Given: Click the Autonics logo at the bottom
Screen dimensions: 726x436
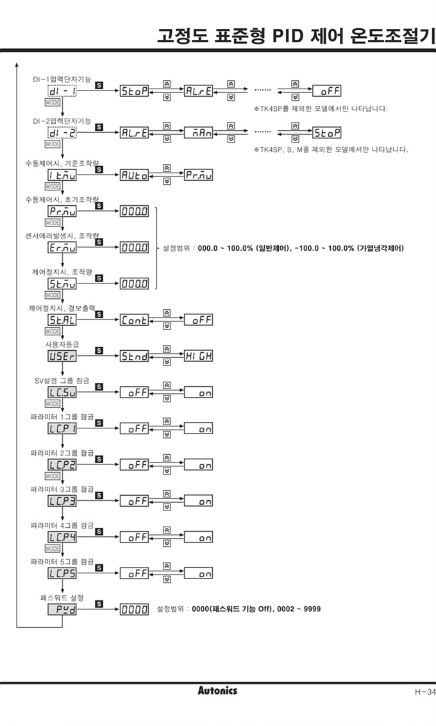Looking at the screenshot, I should click(217, 691).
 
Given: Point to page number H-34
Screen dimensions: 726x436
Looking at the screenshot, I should click(424, 691).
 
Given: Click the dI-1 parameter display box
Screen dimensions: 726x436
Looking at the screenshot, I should click(62, 92).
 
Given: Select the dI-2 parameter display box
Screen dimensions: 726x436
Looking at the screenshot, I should click(62, 133).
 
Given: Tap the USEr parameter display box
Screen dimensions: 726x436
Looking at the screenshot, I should click(62, 355).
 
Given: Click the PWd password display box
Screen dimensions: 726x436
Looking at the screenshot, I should click(62, 609).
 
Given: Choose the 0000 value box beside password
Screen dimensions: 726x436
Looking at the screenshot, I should click(135, 609).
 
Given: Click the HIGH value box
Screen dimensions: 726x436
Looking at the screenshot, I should click(198, 355).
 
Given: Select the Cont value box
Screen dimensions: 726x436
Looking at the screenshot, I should click(135, 319).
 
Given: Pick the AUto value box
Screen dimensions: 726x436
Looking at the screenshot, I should click(135, 174).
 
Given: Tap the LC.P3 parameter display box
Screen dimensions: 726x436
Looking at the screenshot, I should click(62, 501).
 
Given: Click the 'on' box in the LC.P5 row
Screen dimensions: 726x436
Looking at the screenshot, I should click(198, 573).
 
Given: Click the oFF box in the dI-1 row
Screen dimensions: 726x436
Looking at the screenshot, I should click(326, 92).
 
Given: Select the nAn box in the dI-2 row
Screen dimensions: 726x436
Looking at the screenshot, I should click(198, 133).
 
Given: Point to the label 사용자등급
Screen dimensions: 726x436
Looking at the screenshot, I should click(61, 344).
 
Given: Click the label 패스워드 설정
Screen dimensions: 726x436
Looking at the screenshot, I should click(62, 597).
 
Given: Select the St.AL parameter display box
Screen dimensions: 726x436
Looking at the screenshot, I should click(62, 319).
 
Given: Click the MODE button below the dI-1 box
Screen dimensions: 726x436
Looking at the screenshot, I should click(52, 102).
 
